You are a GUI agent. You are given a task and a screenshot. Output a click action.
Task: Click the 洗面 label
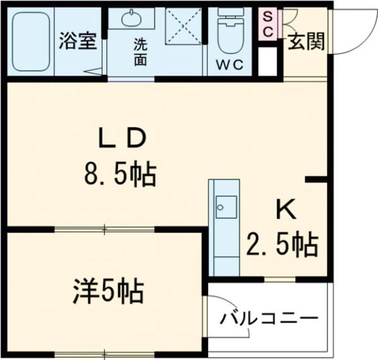point(140,52)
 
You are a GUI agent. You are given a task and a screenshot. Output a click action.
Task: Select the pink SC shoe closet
point(267,24)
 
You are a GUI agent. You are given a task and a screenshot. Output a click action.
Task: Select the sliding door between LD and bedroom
point(105,229)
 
